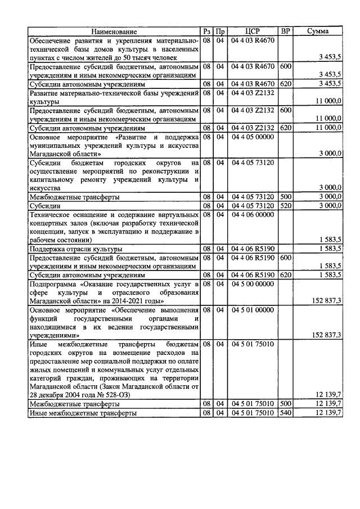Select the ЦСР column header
pos(253,32)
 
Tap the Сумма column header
pos(318,32)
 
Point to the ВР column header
pos(285,32)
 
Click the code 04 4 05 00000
pos(252,136)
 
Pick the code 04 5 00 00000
pos(252,285)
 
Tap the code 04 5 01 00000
pos(252,309)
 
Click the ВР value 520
pos(285,206)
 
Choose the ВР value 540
pos(285,413)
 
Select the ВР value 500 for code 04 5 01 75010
pos(285,404)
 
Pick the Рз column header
pos(206,32)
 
